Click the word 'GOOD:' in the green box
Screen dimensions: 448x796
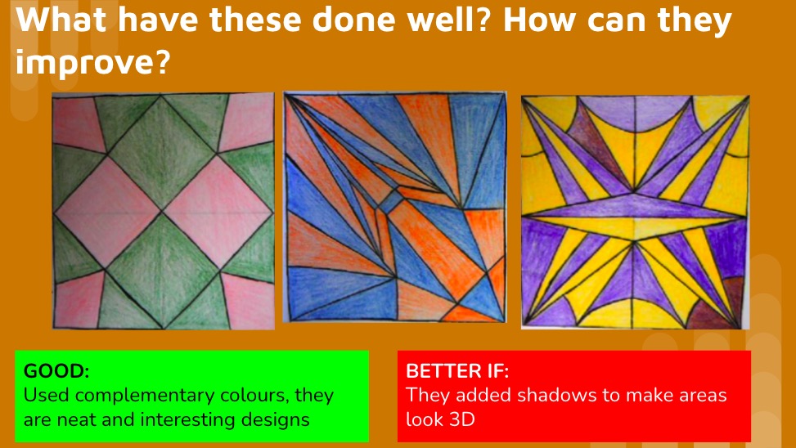pyautogui.click(x=56, y=370)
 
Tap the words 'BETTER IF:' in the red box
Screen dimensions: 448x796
pyautogui.click(x=457, y=370)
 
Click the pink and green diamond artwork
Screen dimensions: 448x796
pyautogui.click(x=164, y=210)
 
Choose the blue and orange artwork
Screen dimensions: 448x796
pyautogui.click(x=395, y=208)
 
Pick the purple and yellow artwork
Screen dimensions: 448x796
pyautogui.click(x=635, y=211)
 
